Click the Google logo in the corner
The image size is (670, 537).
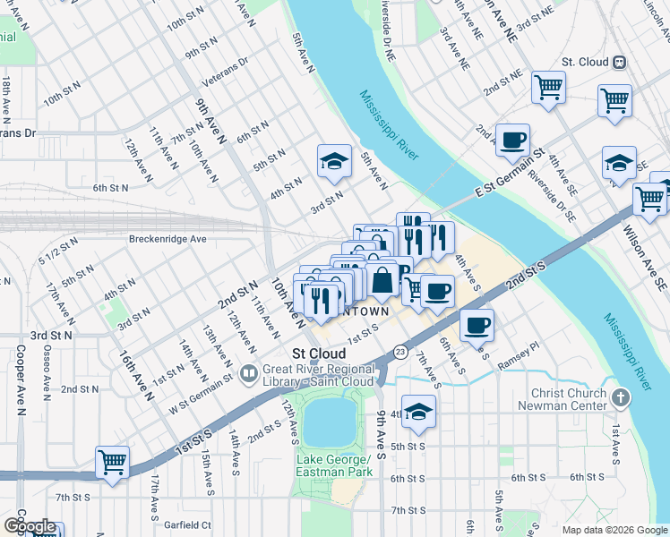tap(30, 526)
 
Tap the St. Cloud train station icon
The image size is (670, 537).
tap(619, 63)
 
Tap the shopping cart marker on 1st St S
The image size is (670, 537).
tap(113, 463)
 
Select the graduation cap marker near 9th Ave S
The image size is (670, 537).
tap(417, 412)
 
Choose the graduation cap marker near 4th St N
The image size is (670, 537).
tap(334, 161)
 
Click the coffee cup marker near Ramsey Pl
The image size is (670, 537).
tap(477, 325)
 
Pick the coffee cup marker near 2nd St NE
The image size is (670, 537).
tap(512, 140)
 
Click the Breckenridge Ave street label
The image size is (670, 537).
tap(167, 239)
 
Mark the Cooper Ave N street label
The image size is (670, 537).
tap(18, 395)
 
